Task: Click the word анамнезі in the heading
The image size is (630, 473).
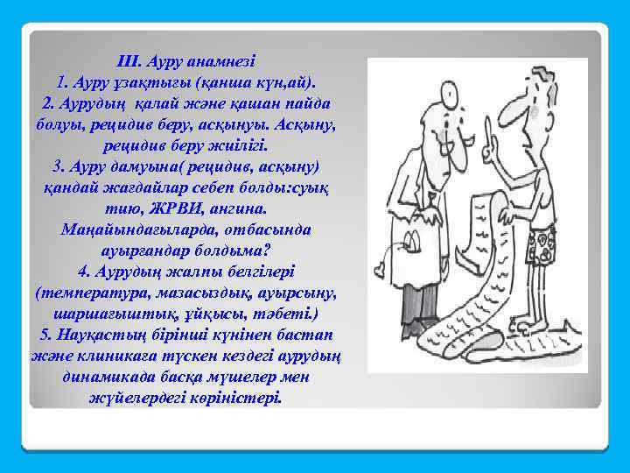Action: tap(220, 62)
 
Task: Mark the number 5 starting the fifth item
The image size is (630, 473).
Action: tap(45, 335)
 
